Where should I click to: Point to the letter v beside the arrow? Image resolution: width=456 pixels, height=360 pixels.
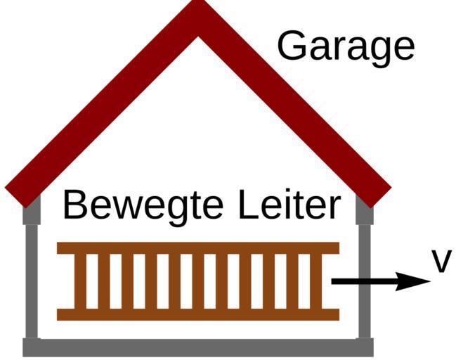pyautogui.click(x=441, y=262)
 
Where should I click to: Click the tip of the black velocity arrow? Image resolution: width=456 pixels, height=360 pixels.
pyautogui.click(x=428, y=281)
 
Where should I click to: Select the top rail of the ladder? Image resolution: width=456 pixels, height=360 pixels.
pyautogui.click(x=197, y=247)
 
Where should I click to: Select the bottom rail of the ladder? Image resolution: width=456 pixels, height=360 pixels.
pyautogui.click(x=197, y=314)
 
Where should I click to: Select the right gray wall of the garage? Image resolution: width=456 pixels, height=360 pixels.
pyautogui.click(x=364, y=274)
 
